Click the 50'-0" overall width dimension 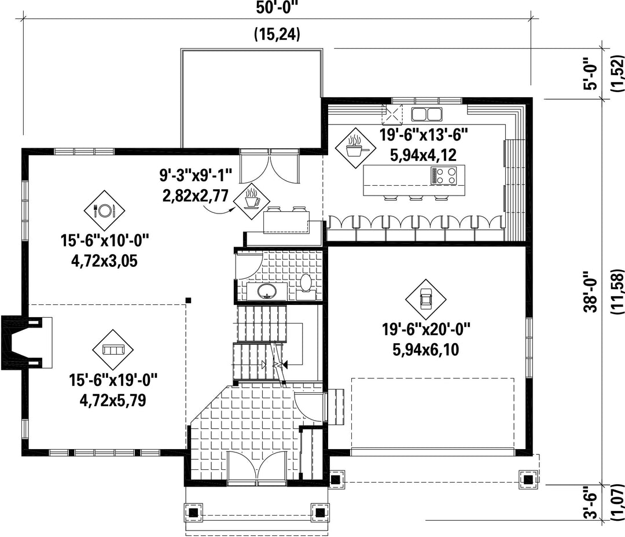click(x=277, y=8)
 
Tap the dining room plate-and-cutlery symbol click(x=104, y=210)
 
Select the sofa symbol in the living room click(x=113, y=350)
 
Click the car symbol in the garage click(x=426, y=299)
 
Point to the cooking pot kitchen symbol click(x=355, y=148)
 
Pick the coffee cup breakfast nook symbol click(x=252, y=201)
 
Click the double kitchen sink click(x=427, y=114)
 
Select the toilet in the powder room click(x=306, y=285)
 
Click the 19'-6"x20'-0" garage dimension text click(x=426, y=330)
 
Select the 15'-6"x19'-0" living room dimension click(x=113, y=380)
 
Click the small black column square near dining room click(x=189, y=300)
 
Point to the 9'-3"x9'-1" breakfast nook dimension click(x=196, y=175)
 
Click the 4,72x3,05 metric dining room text click(x=104, y=261)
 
